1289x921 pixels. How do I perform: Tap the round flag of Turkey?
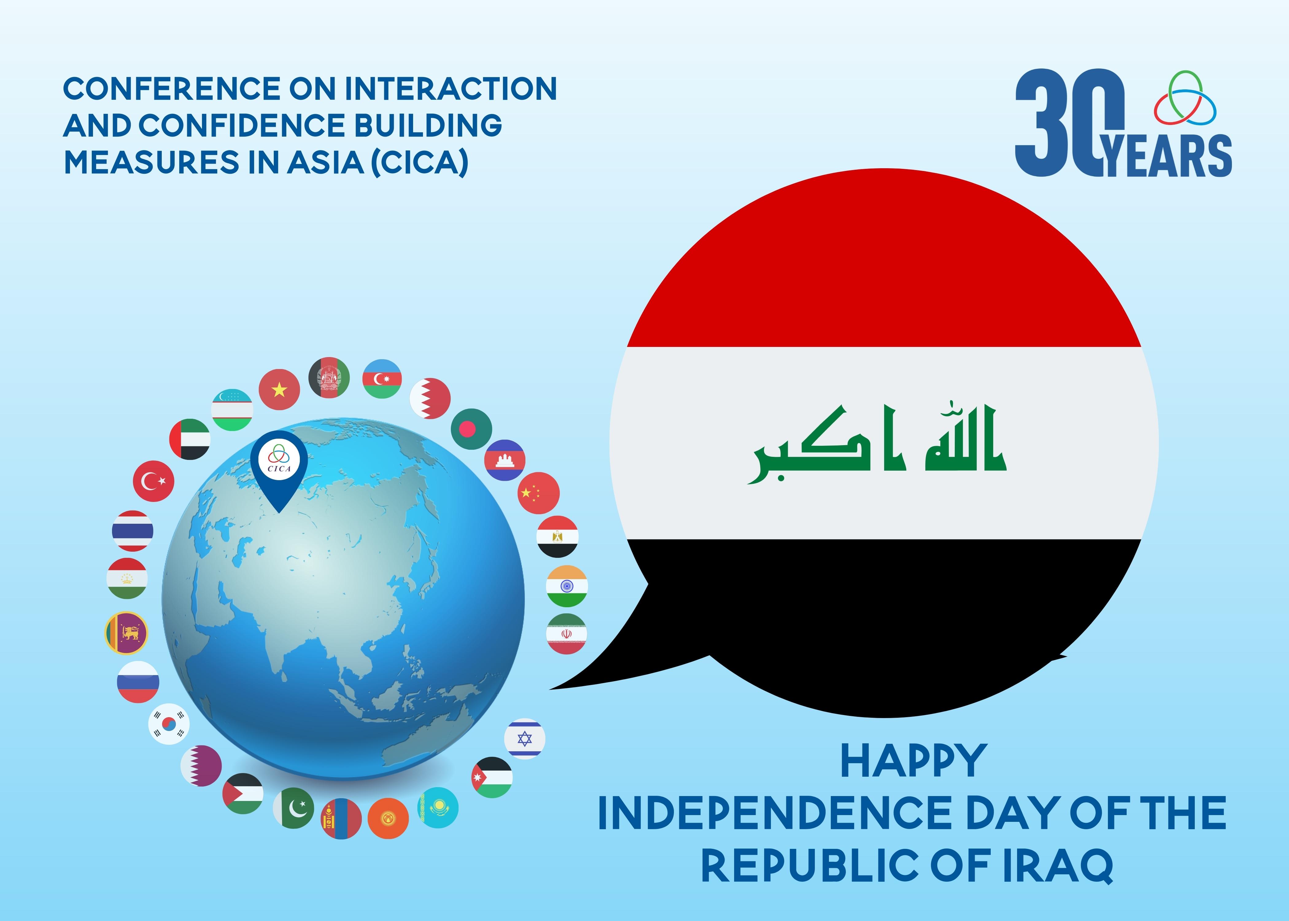pyautogui.click(x=154, y=481)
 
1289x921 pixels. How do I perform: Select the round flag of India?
pyautogui.click(x=567, y=586)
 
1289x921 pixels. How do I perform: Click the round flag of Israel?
pyautogui.click(x=525, y=739)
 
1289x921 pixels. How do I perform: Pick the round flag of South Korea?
pyautogui.click(x=169, y=724)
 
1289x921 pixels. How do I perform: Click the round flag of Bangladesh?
pyautogui.click(x=472, y=429)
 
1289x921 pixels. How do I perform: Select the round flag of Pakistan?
pyautogui.click(x=294, y=808)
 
